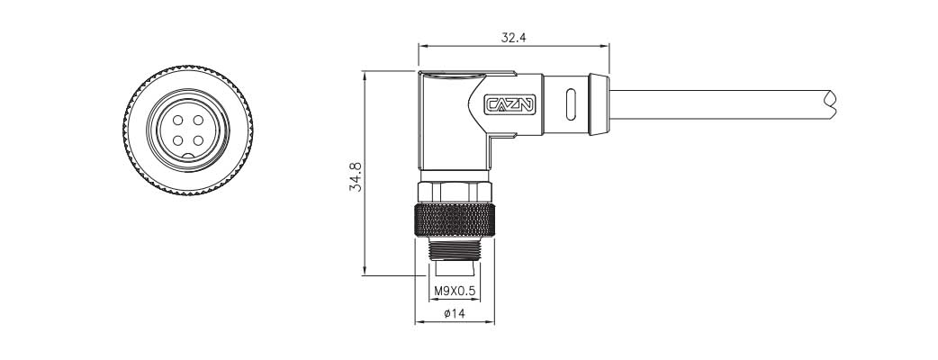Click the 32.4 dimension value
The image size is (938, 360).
[x=513, y=37]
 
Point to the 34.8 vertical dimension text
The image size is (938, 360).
[x=356, y=176]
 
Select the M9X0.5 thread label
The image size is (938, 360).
[x=455, y=291]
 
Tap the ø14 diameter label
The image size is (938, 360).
[x=455, y=314]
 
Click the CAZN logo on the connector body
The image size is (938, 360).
[x=511, y=104]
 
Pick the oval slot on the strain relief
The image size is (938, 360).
[x=570, y=104]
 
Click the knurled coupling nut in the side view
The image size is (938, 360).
[x=455, y=222]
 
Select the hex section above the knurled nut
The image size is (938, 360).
[x=455, y=192]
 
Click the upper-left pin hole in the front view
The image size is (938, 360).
[x=177, y=121]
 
